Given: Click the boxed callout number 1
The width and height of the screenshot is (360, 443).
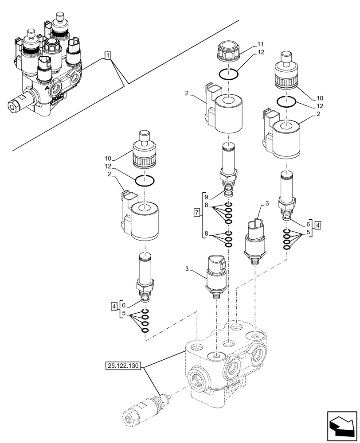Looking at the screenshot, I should pos(108,55).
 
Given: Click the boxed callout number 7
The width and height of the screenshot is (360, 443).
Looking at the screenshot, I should pos(197,213).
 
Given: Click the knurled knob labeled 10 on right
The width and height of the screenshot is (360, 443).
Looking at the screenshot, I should pos(288,74).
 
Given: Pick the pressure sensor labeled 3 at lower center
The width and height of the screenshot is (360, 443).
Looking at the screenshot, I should pos(215,274).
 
